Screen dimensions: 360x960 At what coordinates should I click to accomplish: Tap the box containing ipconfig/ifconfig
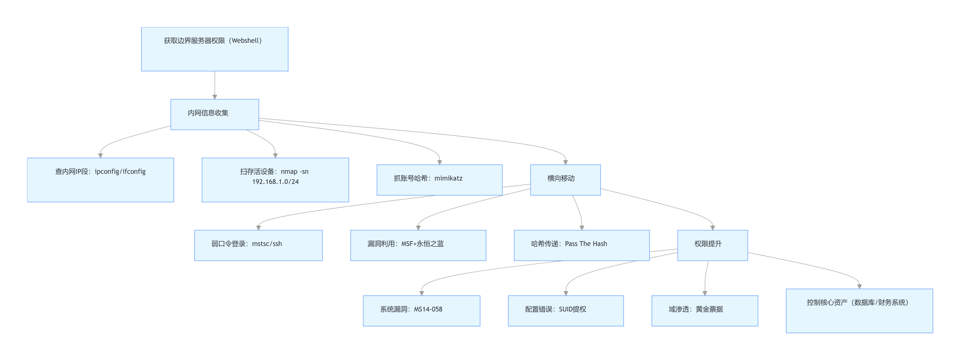(100, 180)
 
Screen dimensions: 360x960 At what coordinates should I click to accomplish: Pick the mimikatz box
(439, 180)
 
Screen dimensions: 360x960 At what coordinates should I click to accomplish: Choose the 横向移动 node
(565, 180)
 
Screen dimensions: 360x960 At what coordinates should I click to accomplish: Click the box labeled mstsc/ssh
(258, 245)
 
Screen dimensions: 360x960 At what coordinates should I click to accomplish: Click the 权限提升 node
(712, 245)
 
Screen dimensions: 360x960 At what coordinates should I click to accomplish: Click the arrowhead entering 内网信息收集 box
(215, 97)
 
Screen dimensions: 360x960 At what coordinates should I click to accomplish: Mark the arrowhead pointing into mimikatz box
(439, 162)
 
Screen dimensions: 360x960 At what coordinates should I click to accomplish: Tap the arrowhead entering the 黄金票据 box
(705, 293)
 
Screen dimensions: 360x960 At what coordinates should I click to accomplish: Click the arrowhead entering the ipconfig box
(100, 155)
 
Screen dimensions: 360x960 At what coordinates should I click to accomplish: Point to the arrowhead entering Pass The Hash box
(582, 228)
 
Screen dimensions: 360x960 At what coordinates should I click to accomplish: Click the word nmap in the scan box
(289, 172)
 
